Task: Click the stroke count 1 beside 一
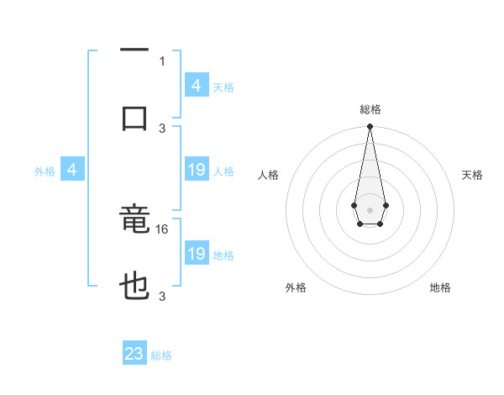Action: tap(162, 61)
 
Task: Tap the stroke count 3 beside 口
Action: tap(162, 128)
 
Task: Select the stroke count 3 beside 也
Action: tap(162, 296)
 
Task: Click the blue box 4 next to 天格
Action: tap(196, 86)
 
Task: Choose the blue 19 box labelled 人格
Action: tap(196, 171)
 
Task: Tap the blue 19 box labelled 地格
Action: tap(196, 254)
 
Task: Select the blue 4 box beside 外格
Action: tap(71, 171)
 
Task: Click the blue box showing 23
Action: tap(134, 354)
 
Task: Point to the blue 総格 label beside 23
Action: tap(161, 355)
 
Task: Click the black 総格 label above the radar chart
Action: tap(370, 110)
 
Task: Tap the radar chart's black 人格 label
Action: tap(269, 175)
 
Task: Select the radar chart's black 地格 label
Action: tap(440, 287)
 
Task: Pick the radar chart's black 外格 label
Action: tap(296, 287)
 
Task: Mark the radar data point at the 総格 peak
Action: tap(370, 127)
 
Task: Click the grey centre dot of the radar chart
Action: tap(370, 208)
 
